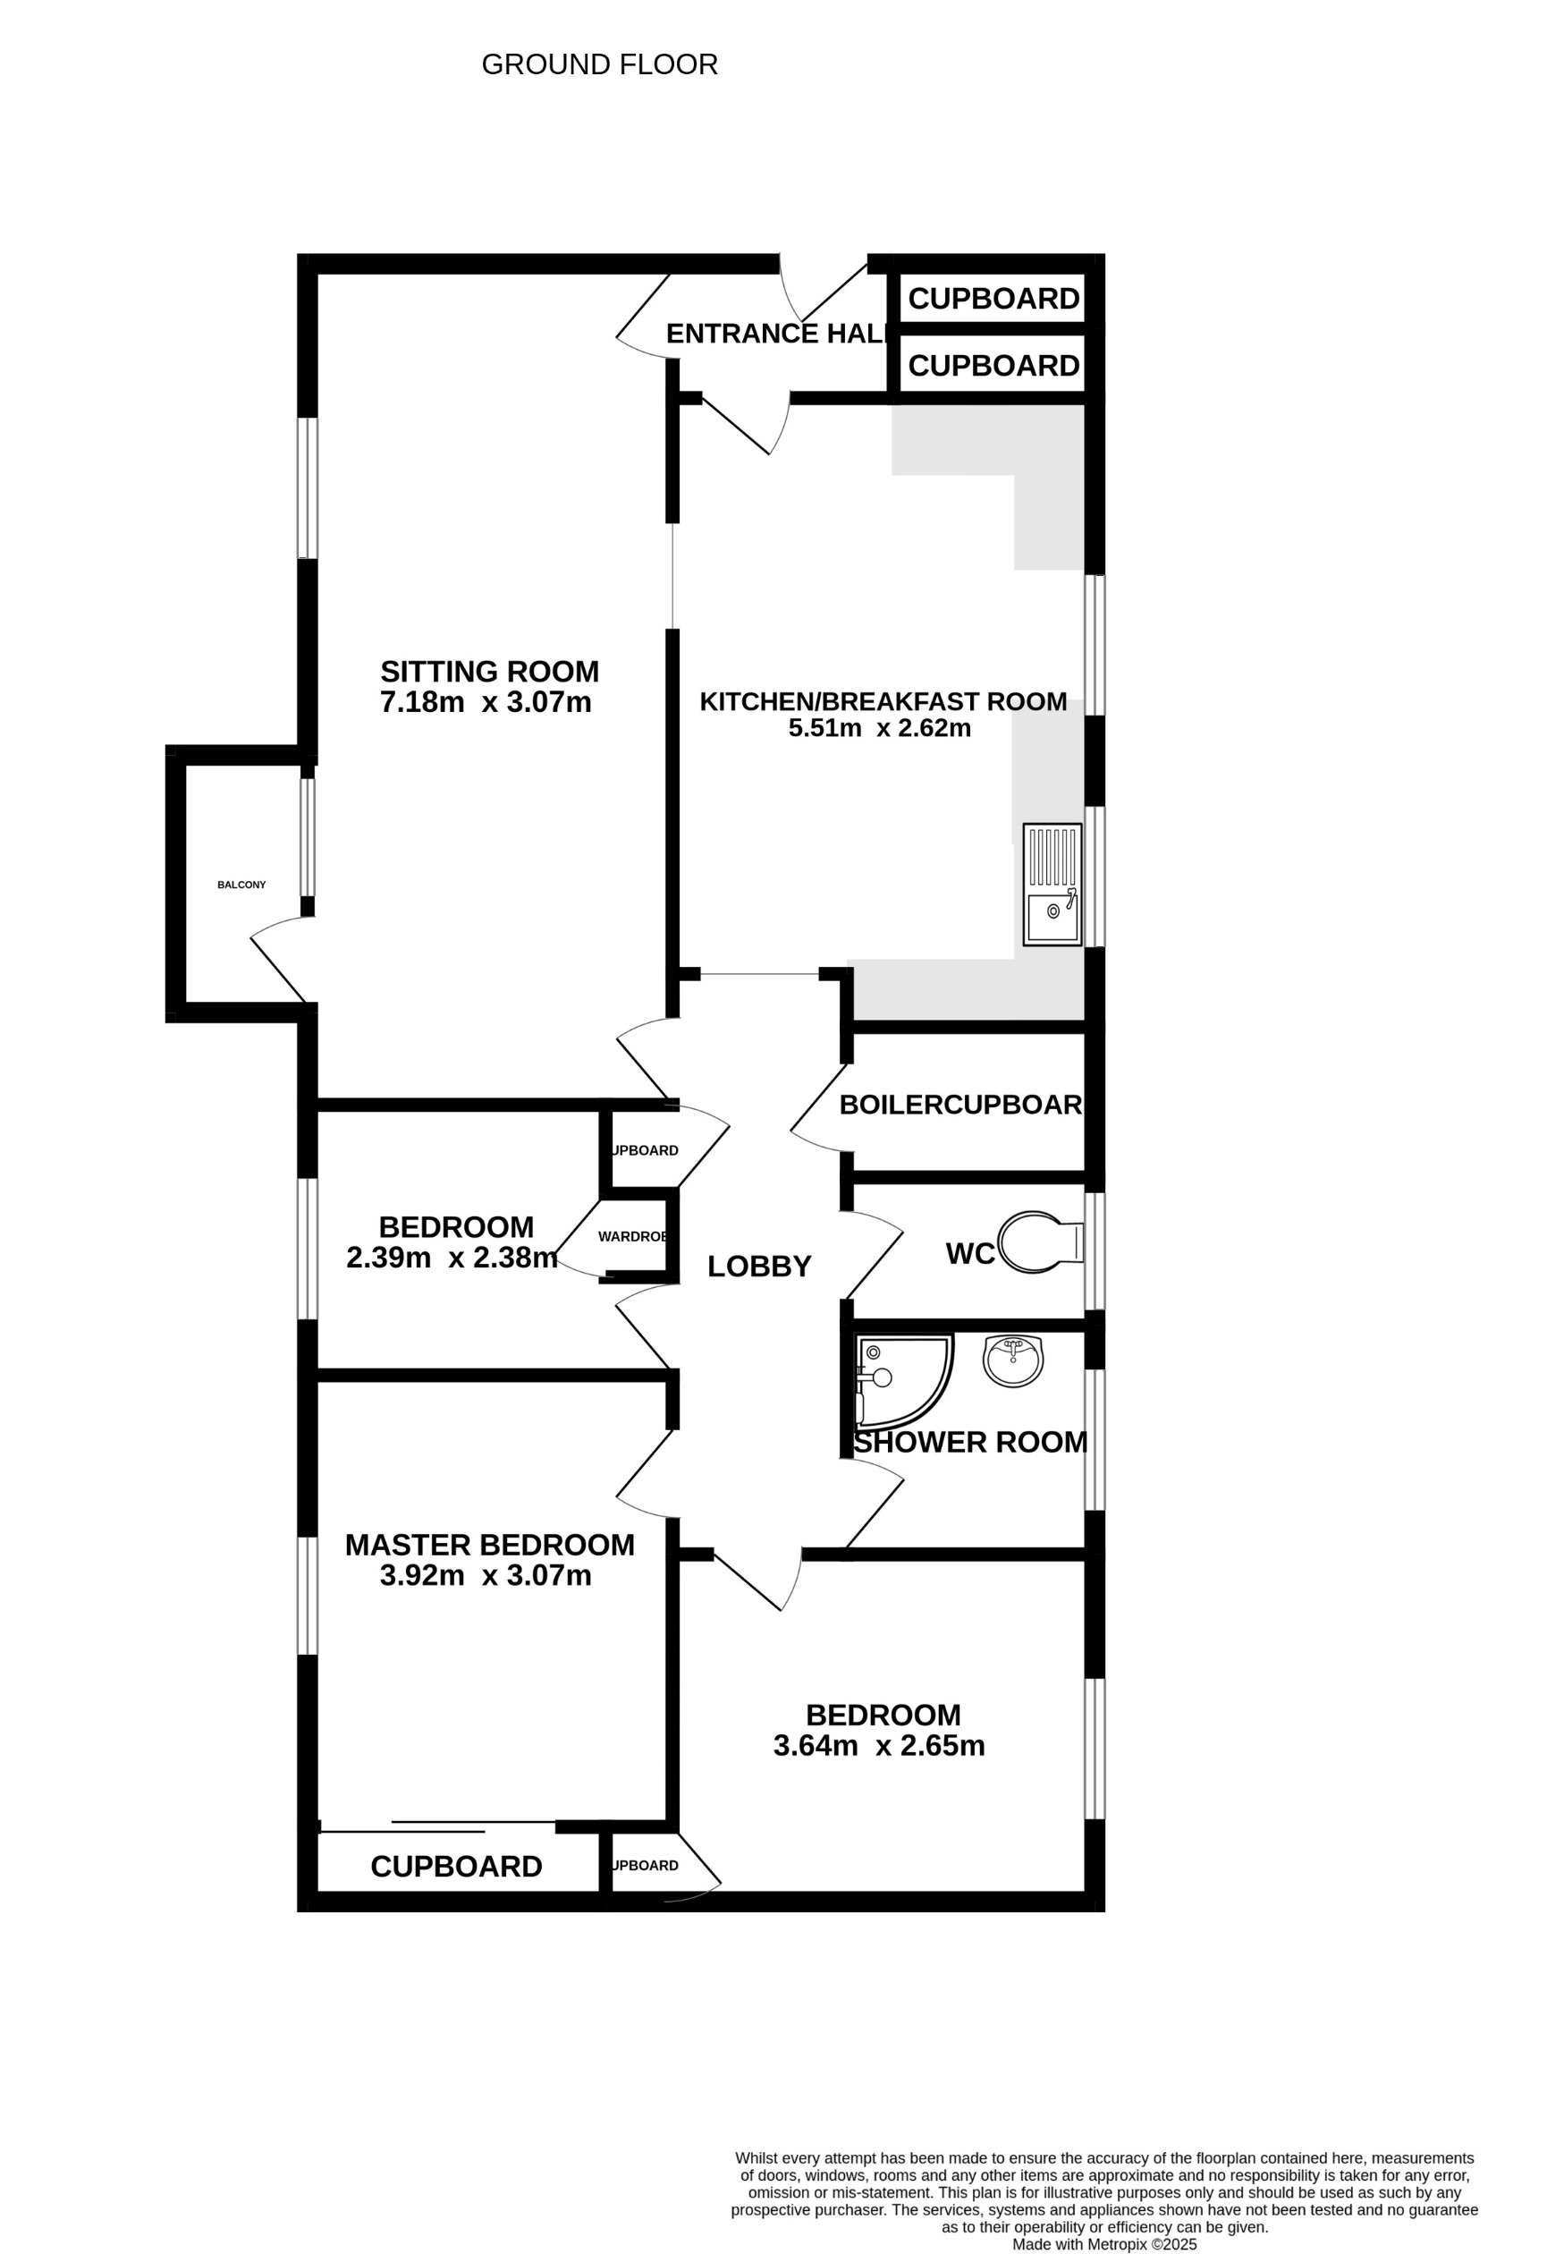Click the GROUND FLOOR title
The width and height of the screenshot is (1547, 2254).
599,65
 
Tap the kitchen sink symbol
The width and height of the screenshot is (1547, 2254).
1052,885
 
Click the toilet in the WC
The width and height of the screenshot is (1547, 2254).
1040,1242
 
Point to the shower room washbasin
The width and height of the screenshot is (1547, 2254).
1012,1360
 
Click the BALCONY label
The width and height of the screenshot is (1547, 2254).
241,885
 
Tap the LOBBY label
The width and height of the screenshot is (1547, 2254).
758,1267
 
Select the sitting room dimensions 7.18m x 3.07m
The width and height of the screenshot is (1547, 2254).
485,702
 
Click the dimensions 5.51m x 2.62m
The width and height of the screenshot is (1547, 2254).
879,728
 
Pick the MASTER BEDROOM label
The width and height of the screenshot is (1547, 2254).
490,1545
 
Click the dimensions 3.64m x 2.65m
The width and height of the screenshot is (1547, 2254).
879,1746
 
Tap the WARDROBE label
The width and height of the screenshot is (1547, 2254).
632,1237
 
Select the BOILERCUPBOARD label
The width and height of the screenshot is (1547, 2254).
960,1105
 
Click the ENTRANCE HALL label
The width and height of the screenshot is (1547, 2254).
776,334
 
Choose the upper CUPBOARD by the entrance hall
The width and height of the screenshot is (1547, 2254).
993,299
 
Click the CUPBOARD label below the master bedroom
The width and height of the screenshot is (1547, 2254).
456,1866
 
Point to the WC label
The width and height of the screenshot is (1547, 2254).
970,1254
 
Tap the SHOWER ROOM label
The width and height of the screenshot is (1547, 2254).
970,1442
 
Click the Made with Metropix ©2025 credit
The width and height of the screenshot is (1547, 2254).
1103,2244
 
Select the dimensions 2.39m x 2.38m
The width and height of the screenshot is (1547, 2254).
452,1258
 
